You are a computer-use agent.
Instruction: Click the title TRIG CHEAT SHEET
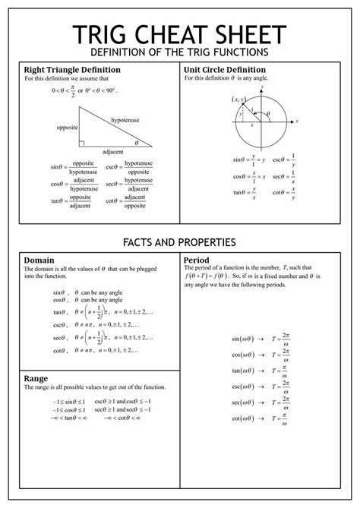(x=179, y=36)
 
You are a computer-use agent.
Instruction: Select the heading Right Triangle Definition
(x=73, y=69)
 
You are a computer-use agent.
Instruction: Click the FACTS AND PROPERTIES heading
(x=179, y=242)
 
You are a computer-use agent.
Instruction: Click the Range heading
(x=36, y=377)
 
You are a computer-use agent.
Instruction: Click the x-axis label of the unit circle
(x=297, y=121)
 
